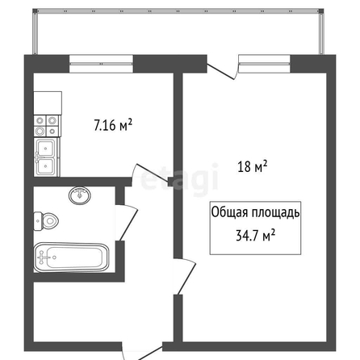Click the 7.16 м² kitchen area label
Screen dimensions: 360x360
tap(113, 125)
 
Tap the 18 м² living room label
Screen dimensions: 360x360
tap(252, 166)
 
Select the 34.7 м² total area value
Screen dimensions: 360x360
tap(255, 235)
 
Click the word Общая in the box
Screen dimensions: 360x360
tap(229, 212)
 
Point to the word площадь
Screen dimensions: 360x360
tap(275, 212)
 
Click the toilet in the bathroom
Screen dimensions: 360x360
tap(46, 221)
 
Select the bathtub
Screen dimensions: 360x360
tap(71, 257)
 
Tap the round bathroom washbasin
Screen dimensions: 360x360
tap(80, 195)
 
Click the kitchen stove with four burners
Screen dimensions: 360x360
tap(48, 126)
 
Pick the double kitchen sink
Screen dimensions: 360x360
tap(47, 157)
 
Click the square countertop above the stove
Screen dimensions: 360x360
tap(48, 103)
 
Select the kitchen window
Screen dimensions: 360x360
tap(102, 64)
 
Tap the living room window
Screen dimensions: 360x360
tap(264, 64)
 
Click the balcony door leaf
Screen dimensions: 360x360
tap(220, 72)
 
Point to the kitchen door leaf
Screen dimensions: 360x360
tap(153, 173)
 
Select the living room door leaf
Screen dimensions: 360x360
tap(186, 278)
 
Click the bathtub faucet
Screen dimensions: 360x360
tap(43, 257)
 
